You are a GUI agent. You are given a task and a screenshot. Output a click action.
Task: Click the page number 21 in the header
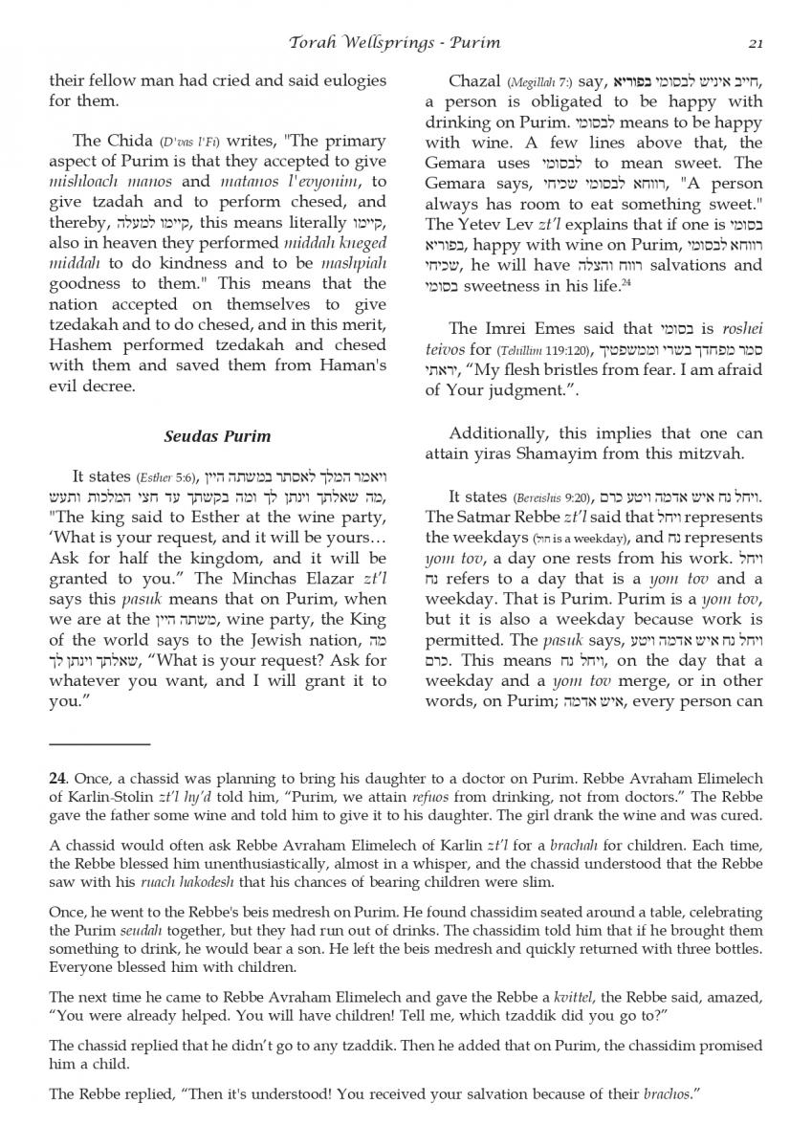click(x=756, y=42)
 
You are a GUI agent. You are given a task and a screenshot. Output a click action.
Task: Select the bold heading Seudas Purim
click(x=217, y=436)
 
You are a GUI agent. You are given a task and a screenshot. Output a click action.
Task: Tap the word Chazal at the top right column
click(x=477, y=81)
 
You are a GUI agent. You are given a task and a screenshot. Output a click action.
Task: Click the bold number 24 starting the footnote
click(x=57, y=778)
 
